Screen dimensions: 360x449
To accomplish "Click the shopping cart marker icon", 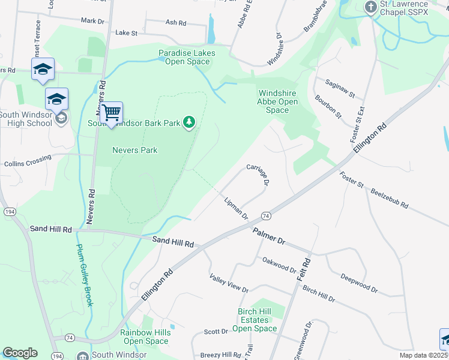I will [111, 112].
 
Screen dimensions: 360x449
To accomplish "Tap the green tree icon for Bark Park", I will [190, 123].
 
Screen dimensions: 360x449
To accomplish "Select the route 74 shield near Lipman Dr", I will [265, 215].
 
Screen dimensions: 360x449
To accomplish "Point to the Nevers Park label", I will [135, 150].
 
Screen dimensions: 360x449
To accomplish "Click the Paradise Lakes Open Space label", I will [187, 58].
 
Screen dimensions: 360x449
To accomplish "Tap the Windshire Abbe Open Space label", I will [277, 101].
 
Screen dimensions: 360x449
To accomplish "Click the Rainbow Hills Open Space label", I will [144, 337].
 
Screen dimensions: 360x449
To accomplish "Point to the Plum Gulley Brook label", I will [85, 275].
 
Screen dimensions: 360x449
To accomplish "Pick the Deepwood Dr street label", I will [359, 283].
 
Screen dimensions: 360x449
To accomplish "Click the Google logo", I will [20, 353].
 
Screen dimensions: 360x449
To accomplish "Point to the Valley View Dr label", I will [229, 283].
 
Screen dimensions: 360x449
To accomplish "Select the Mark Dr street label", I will [92, 20].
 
